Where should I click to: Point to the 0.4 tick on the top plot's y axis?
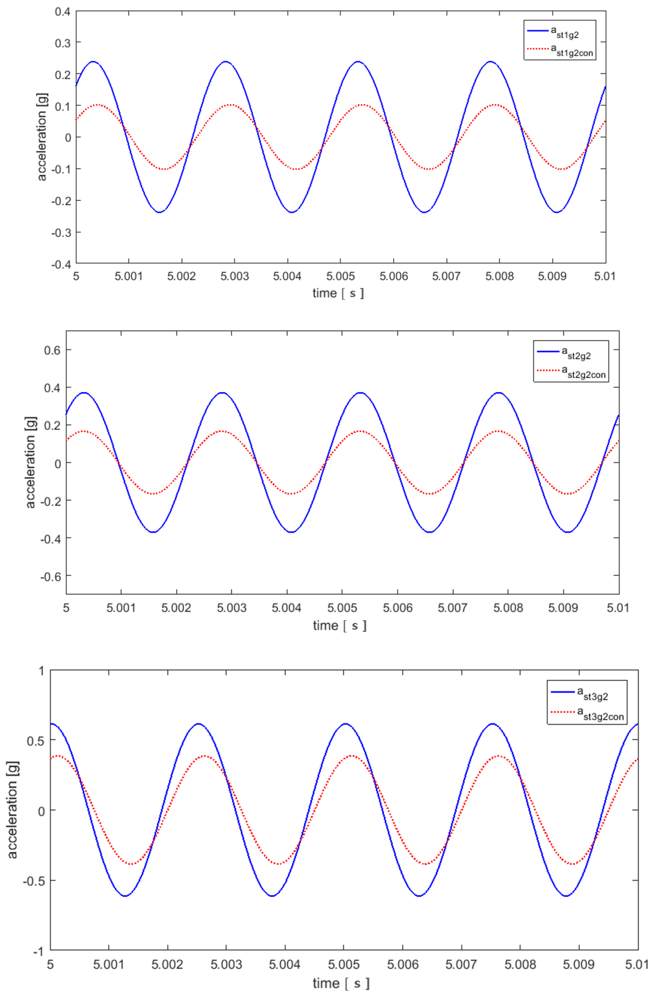63,11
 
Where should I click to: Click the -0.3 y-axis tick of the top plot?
61,232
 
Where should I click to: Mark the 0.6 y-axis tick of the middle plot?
52,350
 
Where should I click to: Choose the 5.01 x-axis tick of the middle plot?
618,607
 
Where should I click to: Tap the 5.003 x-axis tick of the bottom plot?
226,964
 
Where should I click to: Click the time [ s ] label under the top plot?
338,293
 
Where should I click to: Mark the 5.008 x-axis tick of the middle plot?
508,607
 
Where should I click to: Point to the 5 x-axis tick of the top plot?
76,276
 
